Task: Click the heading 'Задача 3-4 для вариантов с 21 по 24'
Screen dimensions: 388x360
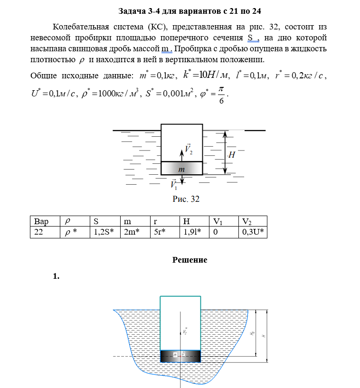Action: pyautogui.click(x=189, y=10)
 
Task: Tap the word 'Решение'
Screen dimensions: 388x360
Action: pyautogui.click(x=189, y=260)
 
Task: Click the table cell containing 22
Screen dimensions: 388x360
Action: pyautogui.click(x=38, y=232)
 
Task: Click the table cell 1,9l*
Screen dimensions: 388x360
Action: pyautogui.click(x=192, y=232)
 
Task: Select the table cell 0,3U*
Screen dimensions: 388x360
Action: pyautogui.click(x=252, y=232)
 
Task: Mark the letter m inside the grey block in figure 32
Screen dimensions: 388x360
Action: pyautogui.click(x=181, y=169)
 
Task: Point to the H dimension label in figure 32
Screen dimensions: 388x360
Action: pyautogui.click(x=232, y=155)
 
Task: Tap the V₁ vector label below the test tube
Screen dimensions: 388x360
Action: pyautogui.click(x=174, y=184)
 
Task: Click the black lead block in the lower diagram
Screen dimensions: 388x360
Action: pyautogui.click(x=180, y=355)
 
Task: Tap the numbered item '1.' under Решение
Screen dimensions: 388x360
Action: pyautogui.click(x=56, y=276)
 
